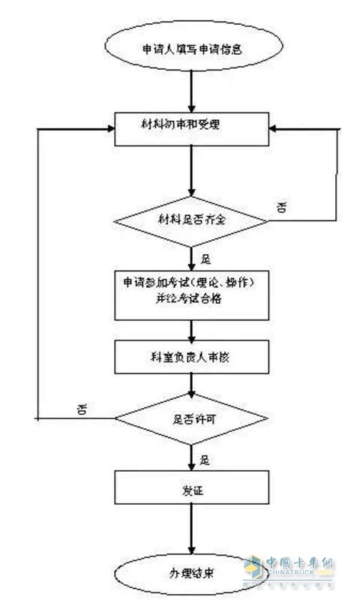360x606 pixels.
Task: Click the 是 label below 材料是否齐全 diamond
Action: (203, 257)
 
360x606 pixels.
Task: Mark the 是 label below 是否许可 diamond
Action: (203, 455)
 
